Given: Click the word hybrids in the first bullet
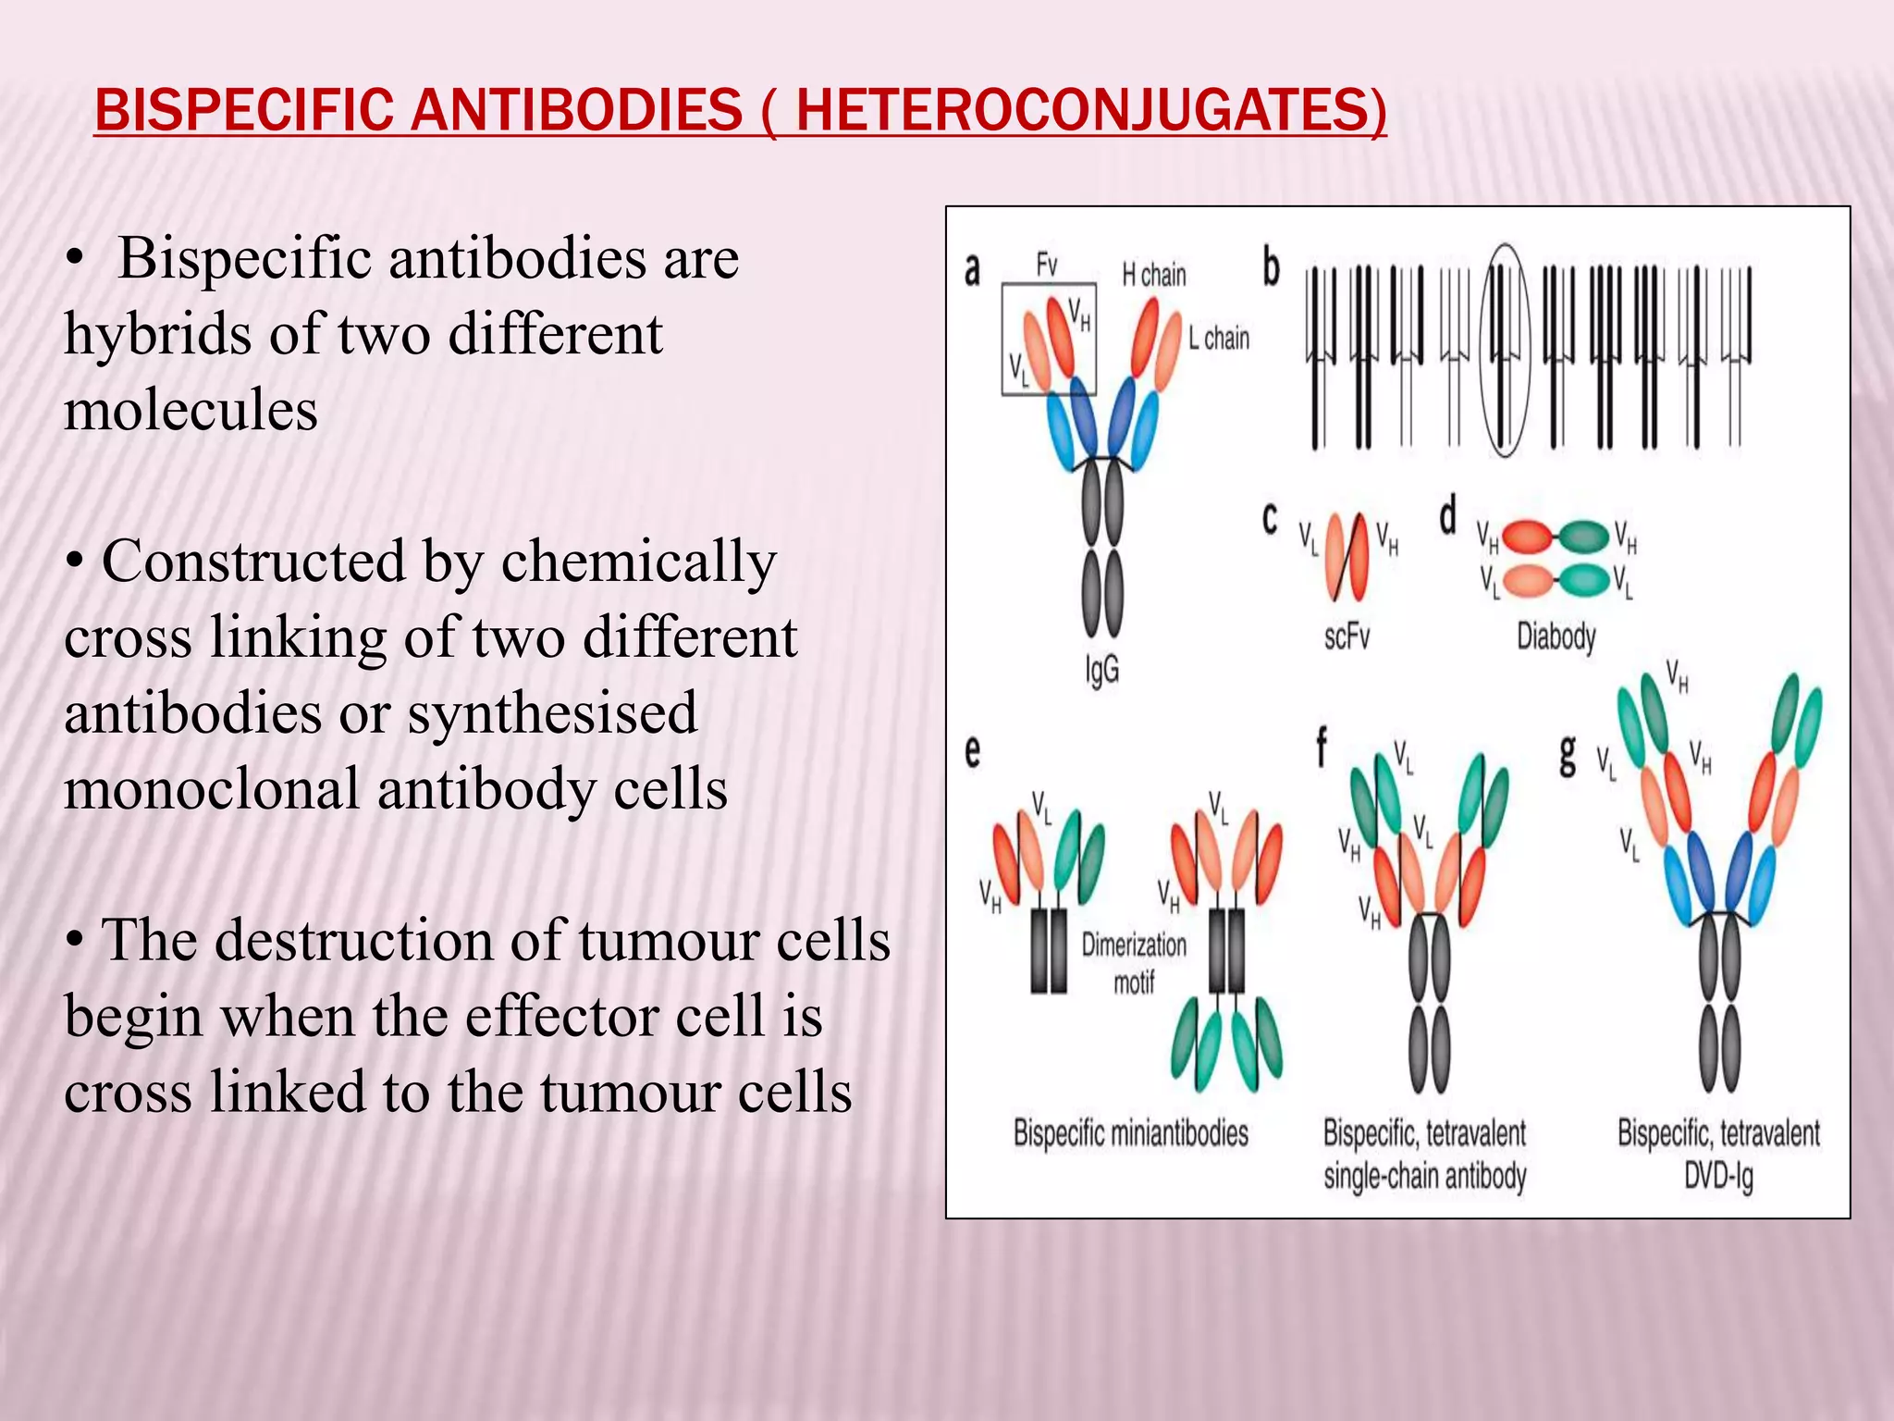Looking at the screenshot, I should pyautogui.click(x=158, y=334).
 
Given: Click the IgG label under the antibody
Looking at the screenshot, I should pyautogui.click(x=1102, y=669).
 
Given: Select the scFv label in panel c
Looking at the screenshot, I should pyautogui.click(x=1347, y=636).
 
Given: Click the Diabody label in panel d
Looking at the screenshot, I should pyautogui.click(x=1556, y=636).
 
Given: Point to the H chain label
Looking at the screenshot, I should pyautogui.click(x=1153, y=275).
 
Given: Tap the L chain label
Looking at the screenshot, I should pyautogui.click(x=1219, y=339).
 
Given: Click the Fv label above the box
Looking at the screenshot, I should pyautogui.click(x=1047, y=266).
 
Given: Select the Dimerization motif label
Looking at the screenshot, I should pyautogui.click(x=1134, y=962).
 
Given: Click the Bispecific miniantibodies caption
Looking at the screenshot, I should pyautogui.click(x=1130, y=1133).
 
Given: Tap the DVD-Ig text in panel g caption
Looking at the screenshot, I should pyautogui.click(x=1718, y=1177).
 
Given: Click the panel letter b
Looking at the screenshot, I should pyautogui.click(x=1273, y=268).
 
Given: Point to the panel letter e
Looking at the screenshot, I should pyautogui.click(x=973, y=751).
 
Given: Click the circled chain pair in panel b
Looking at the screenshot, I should pyautogui.click(x=1505, y=352).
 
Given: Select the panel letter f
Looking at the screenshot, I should pyautogui.click(x=1322, y=748).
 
